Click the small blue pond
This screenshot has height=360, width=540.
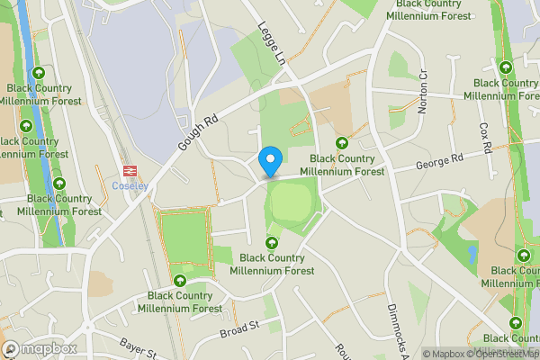473,256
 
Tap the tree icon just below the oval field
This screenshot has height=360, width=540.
272,243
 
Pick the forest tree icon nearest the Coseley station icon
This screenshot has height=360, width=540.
59,184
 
